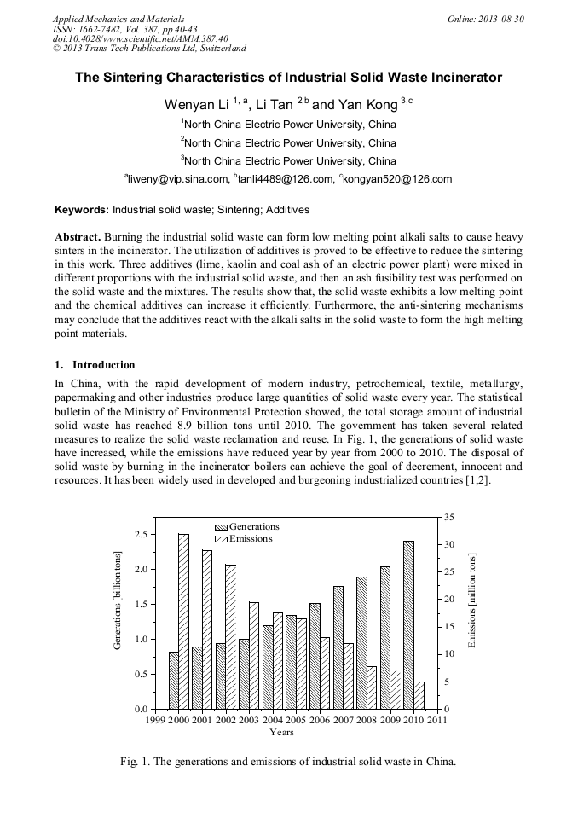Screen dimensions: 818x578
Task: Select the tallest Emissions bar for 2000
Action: click(183, 621)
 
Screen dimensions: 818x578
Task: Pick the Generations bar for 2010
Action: click(408, 624)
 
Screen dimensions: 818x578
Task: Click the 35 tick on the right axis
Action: click(449, 518)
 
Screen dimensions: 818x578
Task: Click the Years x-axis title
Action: click(281, 732)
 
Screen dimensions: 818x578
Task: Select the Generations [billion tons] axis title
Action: click(118, 602)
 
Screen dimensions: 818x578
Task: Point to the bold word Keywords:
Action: click(83, 209)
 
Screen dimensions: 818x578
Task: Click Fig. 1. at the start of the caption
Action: click(136, 762)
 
